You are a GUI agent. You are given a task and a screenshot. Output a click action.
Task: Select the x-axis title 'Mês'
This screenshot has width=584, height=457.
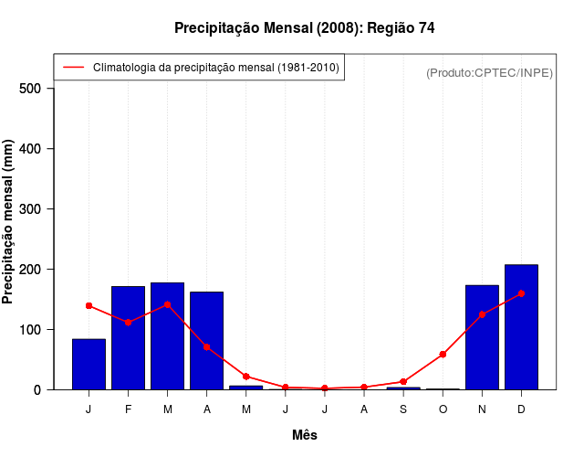coord(304,435)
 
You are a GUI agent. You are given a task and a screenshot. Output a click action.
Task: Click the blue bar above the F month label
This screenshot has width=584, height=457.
coord(128,338)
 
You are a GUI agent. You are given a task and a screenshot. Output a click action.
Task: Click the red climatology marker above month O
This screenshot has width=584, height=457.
coord(443,355)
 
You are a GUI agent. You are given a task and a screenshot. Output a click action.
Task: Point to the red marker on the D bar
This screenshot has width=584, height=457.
coord(521,293)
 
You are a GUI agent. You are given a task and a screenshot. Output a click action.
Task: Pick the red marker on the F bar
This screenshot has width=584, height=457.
coord(128,323)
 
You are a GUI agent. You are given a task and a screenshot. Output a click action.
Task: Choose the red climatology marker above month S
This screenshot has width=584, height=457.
coord(403,382)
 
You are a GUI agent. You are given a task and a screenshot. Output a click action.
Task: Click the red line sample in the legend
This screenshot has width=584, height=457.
coord(73,68)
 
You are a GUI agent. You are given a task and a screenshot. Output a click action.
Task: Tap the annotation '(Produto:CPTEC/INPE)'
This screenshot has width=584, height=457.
coord(490,73)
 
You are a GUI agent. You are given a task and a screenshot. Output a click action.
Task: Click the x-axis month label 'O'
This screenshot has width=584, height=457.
coord(443,409)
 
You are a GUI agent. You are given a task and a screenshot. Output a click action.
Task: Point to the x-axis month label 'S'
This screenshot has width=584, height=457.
coord(403,409)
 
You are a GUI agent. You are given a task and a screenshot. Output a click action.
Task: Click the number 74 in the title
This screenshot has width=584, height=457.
coord(427,28)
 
